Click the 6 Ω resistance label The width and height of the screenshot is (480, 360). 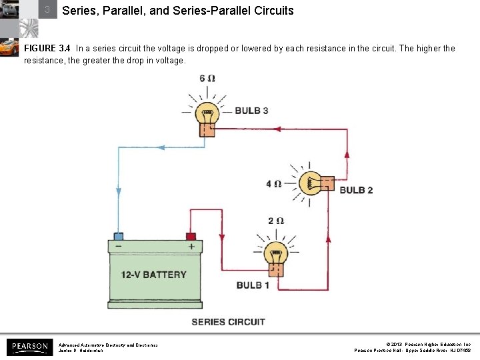point(207,79)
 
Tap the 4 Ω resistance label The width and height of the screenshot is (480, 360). point(274,184)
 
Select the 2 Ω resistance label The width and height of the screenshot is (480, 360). point(276,221)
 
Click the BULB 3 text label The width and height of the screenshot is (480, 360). point(251,110)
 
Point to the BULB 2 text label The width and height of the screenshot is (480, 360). point(356,190)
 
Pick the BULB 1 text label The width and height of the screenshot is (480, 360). point(253,285)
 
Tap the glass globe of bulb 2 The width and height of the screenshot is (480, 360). point(309,183)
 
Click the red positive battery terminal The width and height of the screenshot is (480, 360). point(191,236)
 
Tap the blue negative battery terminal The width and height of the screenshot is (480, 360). point(118,236)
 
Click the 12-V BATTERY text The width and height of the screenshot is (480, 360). point(153,275)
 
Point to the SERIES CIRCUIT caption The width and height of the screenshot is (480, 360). point(228,322)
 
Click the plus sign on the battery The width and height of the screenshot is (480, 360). point(191,247)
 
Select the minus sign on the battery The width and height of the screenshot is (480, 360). point(118,247)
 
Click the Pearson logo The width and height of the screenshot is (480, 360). point(29,347)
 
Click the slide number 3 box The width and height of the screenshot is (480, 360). point(47,10)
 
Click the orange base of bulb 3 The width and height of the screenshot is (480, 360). point(208,129)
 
